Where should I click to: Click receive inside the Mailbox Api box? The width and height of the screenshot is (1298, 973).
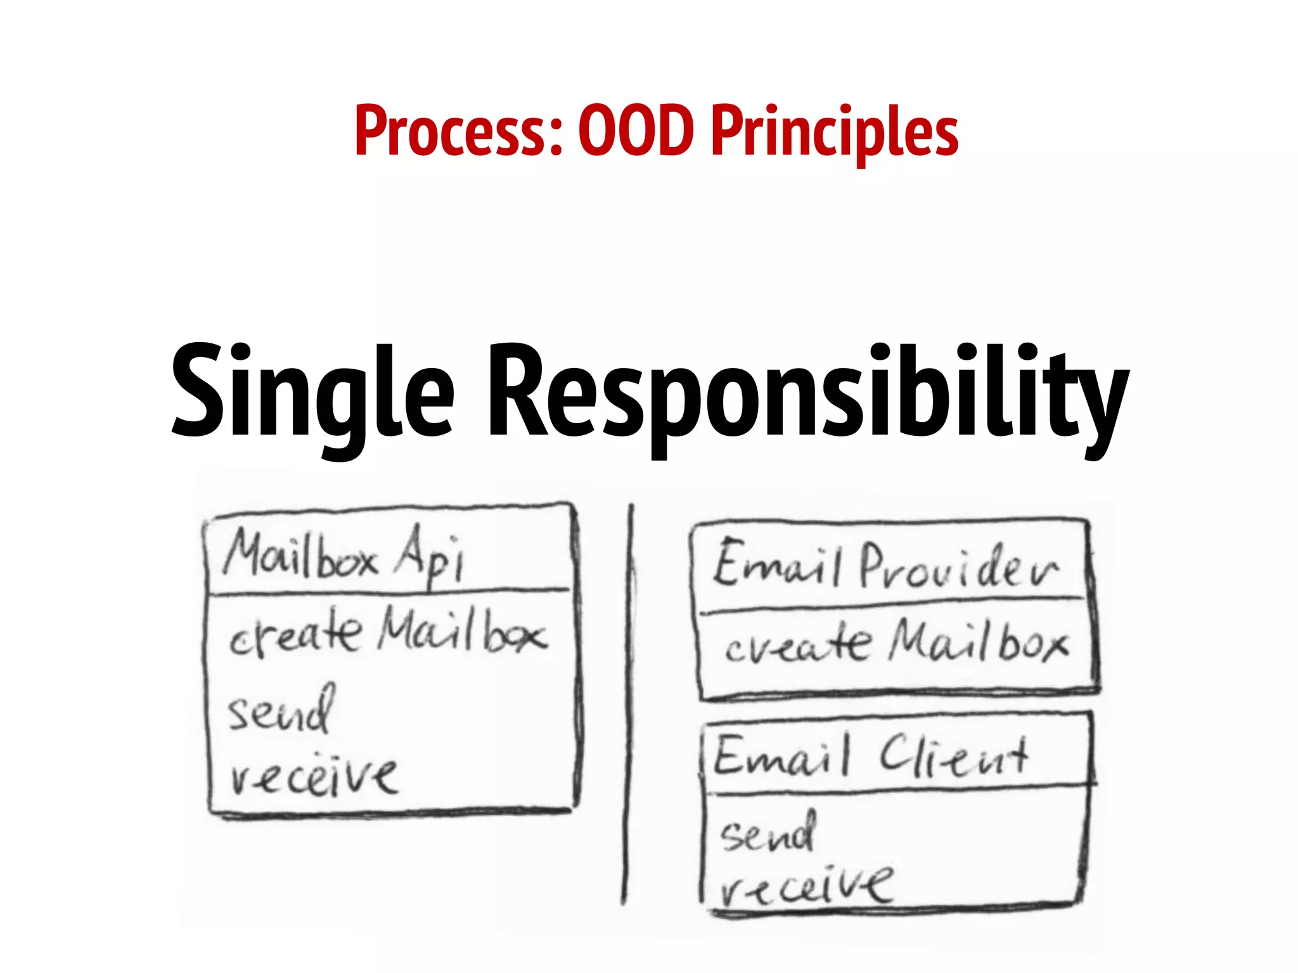314,775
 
